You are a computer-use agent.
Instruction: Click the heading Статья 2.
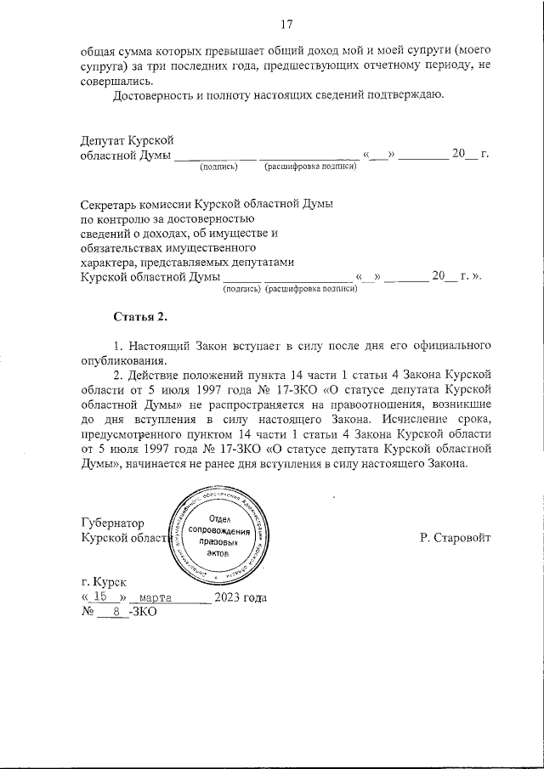(141, 317)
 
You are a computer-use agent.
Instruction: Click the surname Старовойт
(456, 538)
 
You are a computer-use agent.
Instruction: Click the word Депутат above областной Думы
(104, 139)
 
